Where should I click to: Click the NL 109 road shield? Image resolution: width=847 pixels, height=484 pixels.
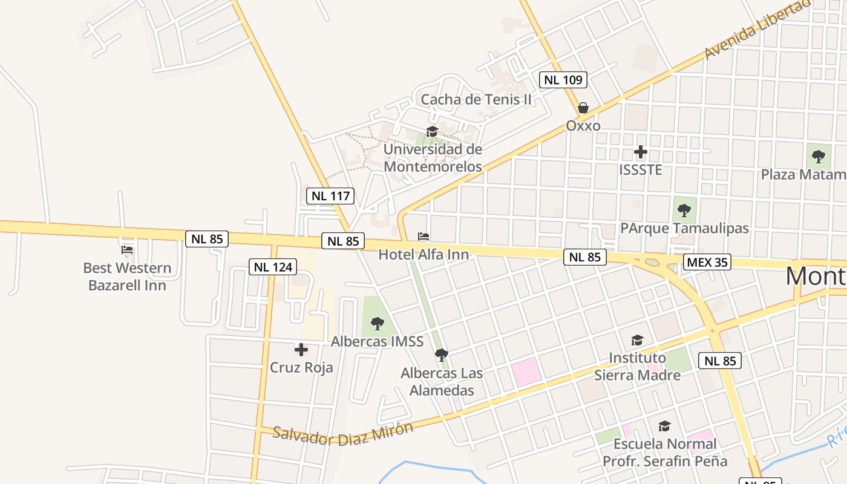click(x=563, y=79)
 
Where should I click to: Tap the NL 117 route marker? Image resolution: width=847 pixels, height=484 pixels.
click(x=330, y=195)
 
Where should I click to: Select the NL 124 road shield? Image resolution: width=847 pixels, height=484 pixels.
click(x=272, y=266)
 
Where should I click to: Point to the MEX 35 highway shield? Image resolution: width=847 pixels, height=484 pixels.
click(x=707, y=262)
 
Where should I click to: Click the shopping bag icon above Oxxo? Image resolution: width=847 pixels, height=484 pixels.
click(x=583, y=108)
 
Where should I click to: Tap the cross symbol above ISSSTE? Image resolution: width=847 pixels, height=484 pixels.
click(x=641, y=152)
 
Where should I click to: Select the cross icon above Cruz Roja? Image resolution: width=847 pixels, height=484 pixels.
click(x=301, y=349)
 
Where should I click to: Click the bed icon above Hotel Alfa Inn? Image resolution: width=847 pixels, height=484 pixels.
click(x=423, y=237)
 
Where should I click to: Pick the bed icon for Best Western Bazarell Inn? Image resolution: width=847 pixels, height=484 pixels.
click(x=127, y=249)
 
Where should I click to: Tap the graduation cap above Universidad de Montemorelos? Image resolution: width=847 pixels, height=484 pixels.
click(x=432, y=131)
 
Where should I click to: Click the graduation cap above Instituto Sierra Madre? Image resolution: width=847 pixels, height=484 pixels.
click(x=637, y=340)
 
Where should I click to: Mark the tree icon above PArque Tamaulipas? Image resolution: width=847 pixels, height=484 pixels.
click(x=684, y=211)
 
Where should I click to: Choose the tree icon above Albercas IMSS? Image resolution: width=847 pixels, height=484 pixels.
click(x=377, y=324)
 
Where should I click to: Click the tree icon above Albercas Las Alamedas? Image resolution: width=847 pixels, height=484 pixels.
click(x=442, y=355)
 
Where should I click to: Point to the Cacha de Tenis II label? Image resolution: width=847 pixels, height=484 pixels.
click(x=476, y=99)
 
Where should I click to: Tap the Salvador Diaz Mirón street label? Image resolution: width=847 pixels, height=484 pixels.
click(x=342, y=433)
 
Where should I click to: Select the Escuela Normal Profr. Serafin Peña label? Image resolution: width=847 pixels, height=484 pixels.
click(x=664, y=453)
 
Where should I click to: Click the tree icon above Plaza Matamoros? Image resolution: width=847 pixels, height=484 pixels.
click(x=819, y=157)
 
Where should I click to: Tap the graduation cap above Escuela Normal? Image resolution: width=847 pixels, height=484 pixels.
click(x=664, y=426)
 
